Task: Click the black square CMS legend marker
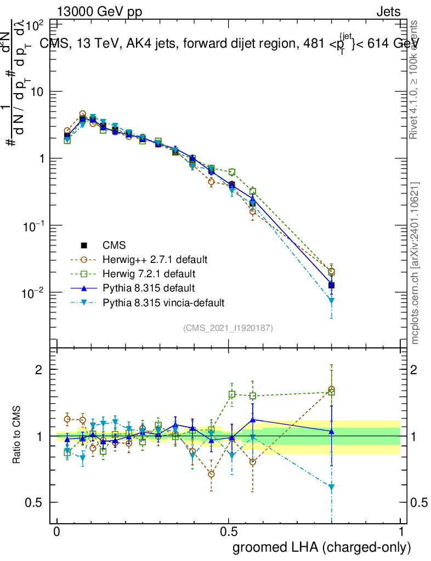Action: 84,244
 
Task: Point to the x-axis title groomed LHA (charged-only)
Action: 322,547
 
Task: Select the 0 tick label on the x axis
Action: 57,532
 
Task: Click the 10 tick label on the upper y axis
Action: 37,91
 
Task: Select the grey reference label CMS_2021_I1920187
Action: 228,328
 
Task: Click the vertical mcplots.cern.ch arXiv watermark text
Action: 416,263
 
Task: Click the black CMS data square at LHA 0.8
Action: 331,285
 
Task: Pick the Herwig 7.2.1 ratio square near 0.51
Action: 232,394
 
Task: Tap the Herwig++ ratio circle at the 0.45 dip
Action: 211,474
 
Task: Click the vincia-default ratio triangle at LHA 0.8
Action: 331,487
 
